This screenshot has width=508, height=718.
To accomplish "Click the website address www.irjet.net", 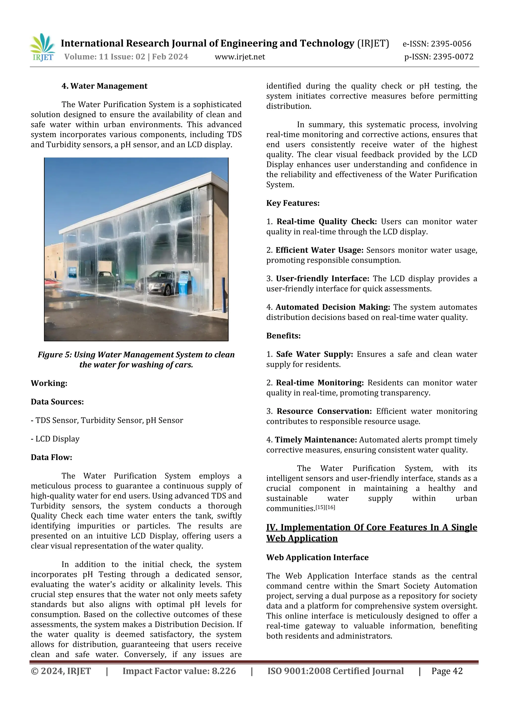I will (x=240, y=57).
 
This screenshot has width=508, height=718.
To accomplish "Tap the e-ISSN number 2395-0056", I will (x=451, y=44).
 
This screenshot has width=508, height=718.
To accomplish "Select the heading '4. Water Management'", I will (x=104, y=86).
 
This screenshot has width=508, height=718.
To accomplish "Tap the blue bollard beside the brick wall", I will (x=223, y=293).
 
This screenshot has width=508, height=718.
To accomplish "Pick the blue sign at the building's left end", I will (x=72, y=272).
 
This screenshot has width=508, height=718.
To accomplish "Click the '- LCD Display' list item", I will (x=55, y=439).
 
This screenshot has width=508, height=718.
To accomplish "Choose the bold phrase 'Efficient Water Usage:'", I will (x=319, y=250).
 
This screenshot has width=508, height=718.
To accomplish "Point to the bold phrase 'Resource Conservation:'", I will (x=324, y=411).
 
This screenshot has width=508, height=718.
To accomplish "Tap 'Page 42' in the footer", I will (x=447, y=671).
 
